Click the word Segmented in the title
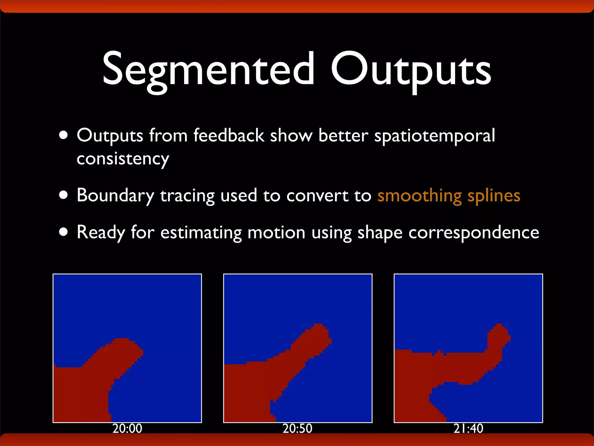208,70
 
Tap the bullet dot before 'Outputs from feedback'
63,135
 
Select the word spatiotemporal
434,136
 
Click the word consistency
123,159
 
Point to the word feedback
229,135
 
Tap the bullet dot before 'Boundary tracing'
63,195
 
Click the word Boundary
115,196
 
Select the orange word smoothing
419,196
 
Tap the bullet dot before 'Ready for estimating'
63,232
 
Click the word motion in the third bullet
276,233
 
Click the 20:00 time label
127,429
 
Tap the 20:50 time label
297,429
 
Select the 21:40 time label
468,429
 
